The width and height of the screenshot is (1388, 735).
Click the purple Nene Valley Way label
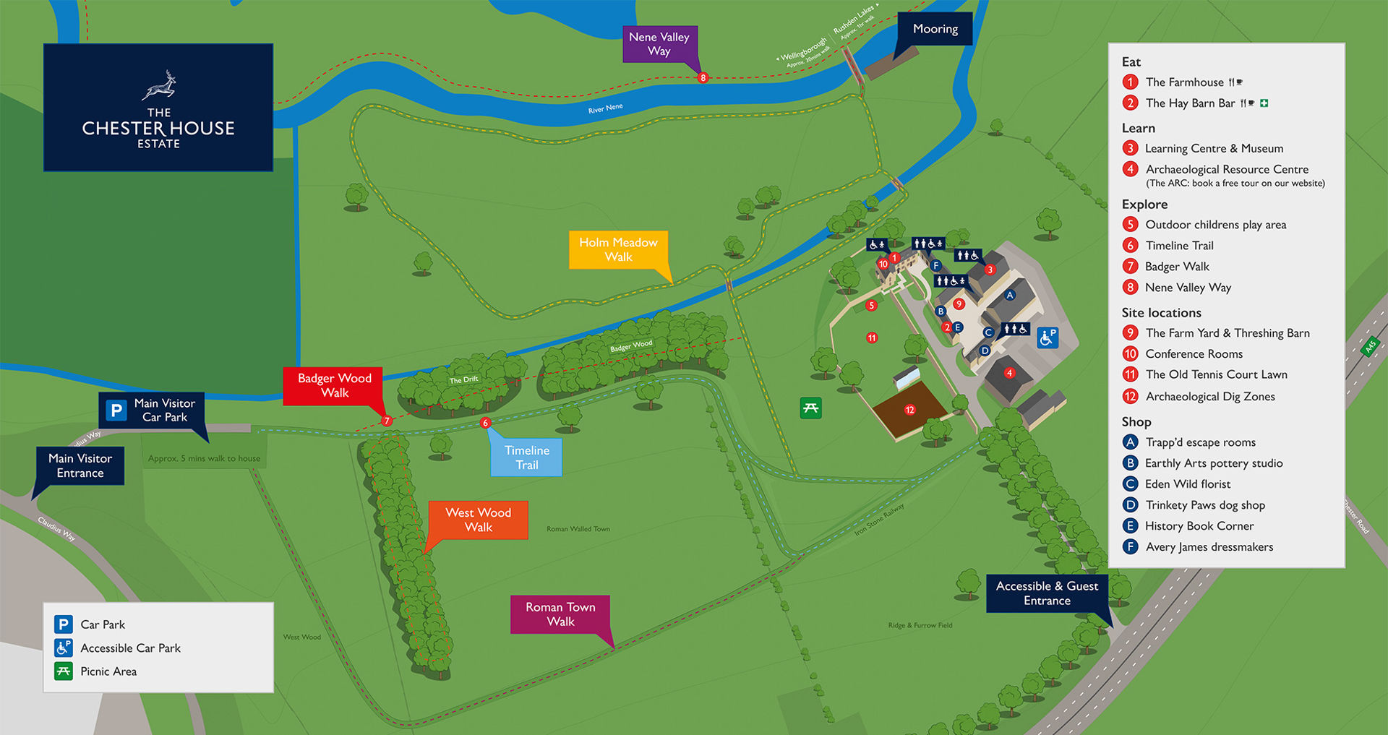click(x=659, y=44)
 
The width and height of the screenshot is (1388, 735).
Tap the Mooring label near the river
click(x=935, y=29)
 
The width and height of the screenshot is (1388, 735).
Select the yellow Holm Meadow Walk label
click(x=618, y=249)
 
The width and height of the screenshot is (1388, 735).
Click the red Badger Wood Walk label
click(x=334, y=385)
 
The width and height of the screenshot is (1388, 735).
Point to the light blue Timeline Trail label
click(x=526, y=457)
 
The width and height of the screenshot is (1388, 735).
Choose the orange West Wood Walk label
click(x=478, y=520)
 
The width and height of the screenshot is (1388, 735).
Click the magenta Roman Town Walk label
click(x=560, y=614)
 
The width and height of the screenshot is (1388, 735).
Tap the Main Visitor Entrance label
click(x=80, y=465)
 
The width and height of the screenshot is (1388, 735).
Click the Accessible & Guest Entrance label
click(x=1046, y=593)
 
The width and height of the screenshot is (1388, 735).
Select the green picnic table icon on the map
click(x=810, y=408)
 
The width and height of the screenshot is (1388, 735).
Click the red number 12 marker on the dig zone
click(x=909, y=410)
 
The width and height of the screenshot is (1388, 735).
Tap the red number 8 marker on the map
click(x=703, y=77)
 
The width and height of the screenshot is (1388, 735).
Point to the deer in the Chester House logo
click(x=160, y=85)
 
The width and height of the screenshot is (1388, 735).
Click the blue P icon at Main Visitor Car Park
click(x=116, y=411)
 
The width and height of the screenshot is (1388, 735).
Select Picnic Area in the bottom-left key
click(x=108, y=671)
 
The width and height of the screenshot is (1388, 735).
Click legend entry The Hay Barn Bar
click(x=1190, y=103)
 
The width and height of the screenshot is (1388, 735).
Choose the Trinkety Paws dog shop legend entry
click(x=1204, y=505)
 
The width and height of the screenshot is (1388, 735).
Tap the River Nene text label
click(x=605, y=108)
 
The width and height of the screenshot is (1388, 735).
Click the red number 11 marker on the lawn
click(x=872, y=338)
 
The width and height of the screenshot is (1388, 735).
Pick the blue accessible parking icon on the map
click(x=1048, y=337)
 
